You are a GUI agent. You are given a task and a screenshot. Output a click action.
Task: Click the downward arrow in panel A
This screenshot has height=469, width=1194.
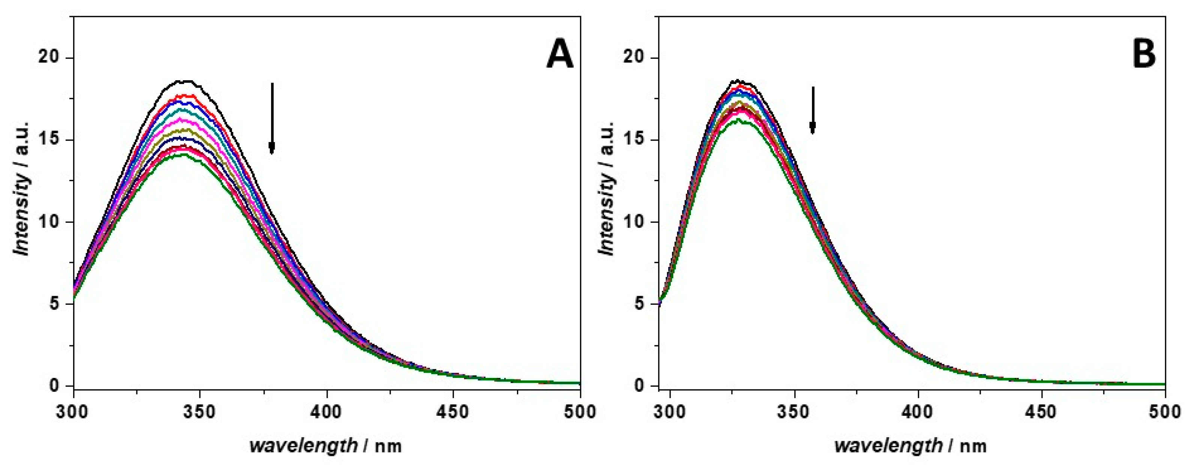(272, 118)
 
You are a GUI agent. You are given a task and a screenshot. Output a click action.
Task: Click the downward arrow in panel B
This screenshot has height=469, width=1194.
(812, 110)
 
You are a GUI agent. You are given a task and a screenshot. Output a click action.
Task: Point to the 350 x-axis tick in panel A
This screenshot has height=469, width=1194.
(200, 412)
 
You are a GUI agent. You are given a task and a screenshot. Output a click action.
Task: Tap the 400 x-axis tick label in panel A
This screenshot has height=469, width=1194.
(327, 412)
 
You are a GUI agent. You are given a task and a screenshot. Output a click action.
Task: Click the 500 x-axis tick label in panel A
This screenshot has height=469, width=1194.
(580, 412)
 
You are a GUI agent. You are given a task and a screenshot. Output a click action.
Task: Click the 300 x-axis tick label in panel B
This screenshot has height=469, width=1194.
(671, 412)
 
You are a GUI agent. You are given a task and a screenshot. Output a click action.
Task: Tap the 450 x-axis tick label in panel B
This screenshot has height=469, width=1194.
(1042, 412)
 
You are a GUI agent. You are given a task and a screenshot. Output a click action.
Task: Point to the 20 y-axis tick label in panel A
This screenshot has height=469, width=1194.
(49, 58)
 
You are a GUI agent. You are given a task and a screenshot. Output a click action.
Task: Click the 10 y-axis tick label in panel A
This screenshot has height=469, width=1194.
(49, 222)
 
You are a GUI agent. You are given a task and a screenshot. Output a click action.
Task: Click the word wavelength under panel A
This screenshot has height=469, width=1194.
(304, 446)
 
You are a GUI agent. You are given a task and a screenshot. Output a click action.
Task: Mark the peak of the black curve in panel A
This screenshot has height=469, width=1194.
(186, 81)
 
